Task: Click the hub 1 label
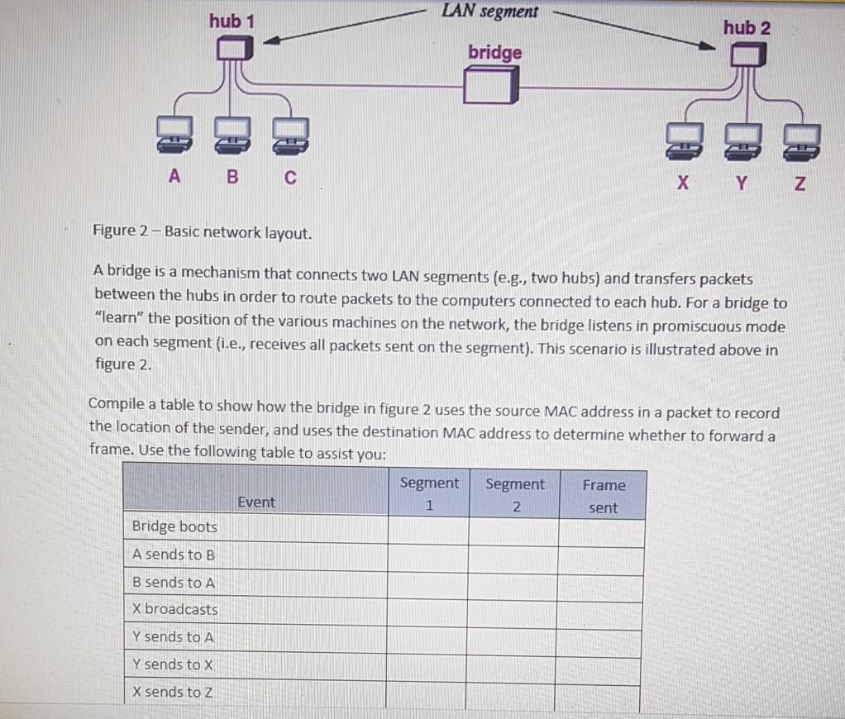point(231,21)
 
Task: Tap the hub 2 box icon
point(747,55)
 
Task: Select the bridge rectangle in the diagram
point(492,85)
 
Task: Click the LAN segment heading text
point(489,11)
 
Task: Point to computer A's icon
point(173,136)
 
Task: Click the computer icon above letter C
point(289,136)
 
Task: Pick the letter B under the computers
point(232,175)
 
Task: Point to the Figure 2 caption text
point(203,231)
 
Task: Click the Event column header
point(256,502)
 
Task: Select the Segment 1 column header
point(428,493)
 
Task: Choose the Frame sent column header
point(603,496)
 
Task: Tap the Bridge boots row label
point(174,526)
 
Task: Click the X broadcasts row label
point(175,609)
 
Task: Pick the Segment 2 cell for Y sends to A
point(513,637)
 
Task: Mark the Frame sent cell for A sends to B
point(601,555)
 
